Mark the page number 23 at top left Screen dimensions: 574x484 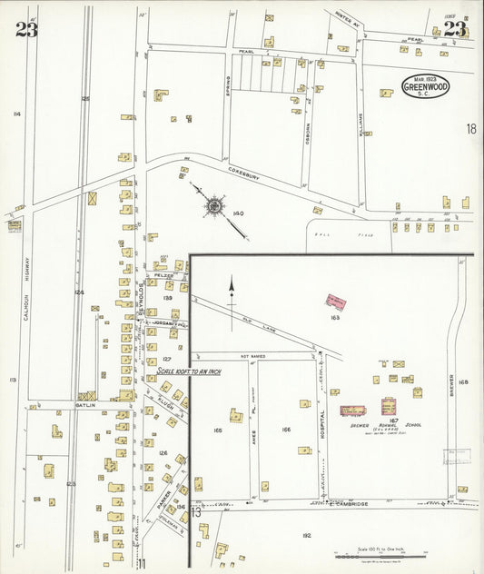tap(26, 30)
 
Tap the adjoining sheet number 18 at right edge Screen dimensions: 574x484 tap(470, 130)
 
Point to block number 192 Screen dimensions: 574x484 tap(306, 536)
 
